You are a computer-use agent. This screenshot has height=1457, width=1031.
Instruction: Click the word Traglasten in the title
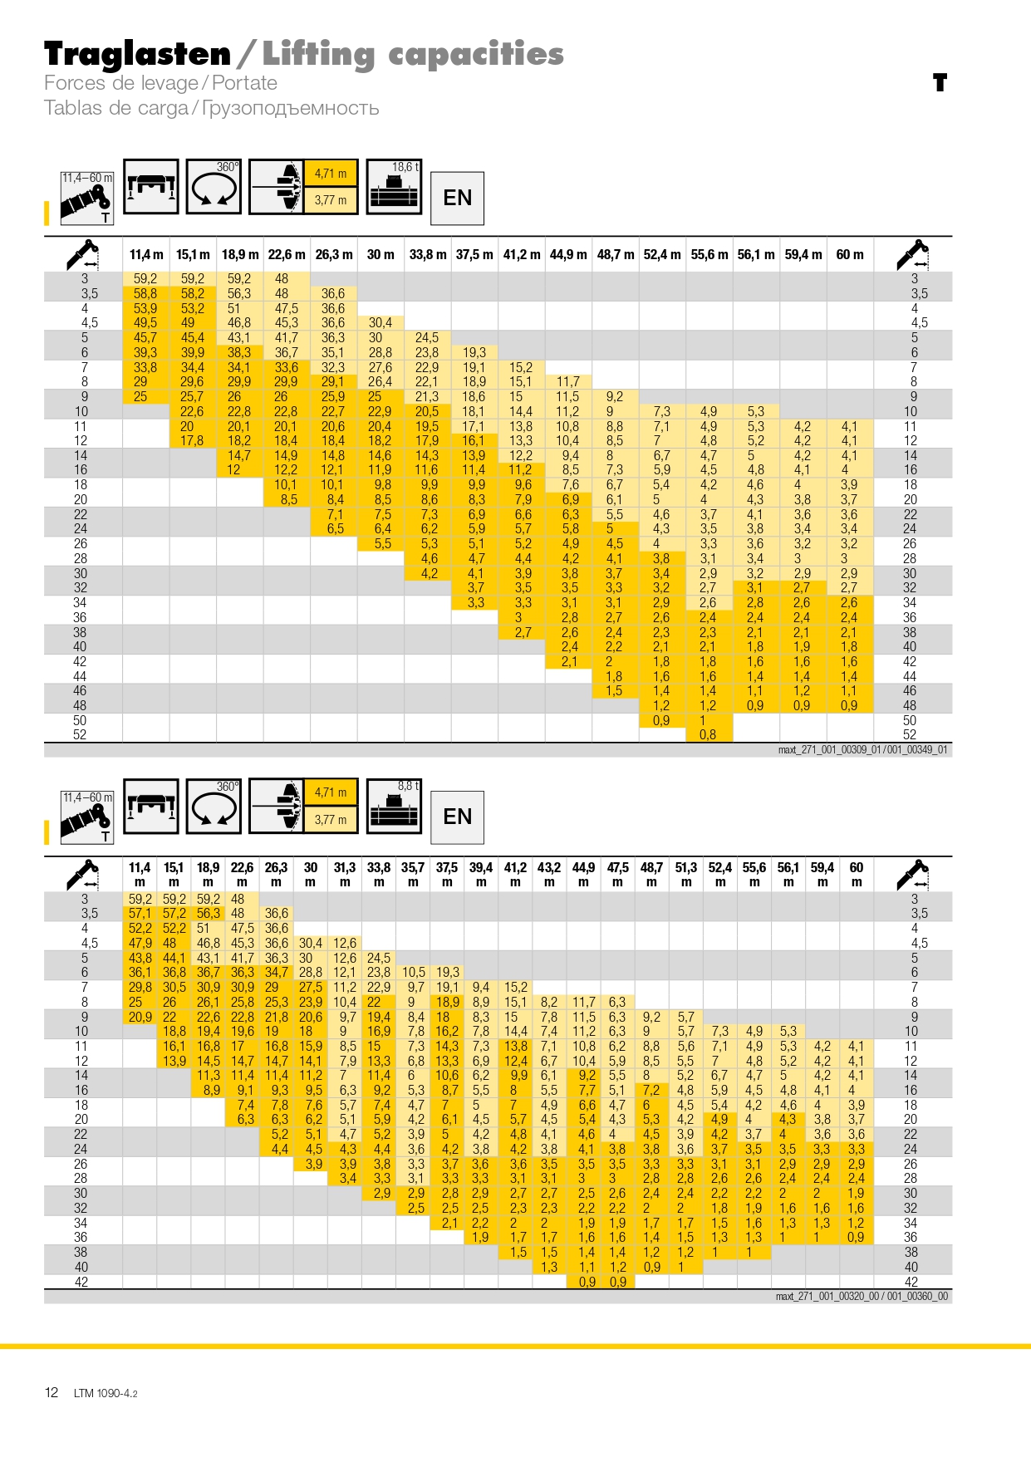137,54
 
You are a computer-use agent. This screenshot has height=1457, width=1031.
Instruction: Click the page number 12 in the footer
52,1392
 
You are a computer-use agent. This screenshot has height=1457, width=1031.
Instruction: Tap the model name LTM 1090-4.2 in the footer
106,1393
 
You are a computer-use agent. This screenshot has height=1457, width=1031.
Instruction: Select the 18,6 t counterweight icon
395,187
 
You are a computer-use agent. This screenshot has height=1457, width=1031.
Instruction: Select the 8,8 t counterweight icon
395,806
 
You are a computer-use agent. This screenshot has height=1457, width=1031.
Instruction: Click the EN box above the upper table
457,198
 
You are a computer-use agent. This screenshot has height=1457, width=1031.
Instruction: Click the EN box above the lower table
457,817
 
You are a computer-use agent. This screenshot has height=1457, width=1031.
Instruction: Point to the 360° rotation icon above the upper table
214,187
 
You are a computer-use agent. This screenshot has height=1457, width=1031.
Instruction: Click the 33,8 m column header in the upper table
428,254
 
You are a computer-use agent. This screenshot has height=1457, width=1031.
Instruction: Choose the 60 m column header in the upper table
850,254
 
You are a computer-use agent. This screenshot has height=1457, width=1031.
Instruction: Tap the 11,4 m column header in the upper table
146,254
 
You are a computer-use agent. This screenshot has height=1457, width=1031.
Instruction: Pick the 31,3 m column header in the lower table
345,874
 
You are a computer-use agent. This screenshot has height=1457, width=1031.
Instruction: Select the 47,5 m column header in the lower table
617,874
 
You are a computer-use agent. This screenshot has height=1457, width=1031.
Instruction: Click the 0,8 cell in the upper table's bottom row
708,734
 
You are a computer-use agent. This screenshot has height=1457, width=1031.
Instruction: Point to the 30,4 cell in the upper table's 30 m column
380,322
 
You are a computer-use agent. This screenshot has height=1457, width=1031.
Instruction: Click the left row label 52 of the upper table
80,734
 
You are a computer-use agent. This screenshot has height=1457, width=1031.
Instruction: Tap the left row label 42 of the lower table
81,1282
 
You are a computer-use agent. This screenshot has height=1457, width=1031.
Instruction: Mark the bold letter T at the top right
940,82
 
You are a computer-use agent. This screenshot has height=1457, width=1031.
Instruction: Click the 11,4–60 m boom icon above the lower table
87,817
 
